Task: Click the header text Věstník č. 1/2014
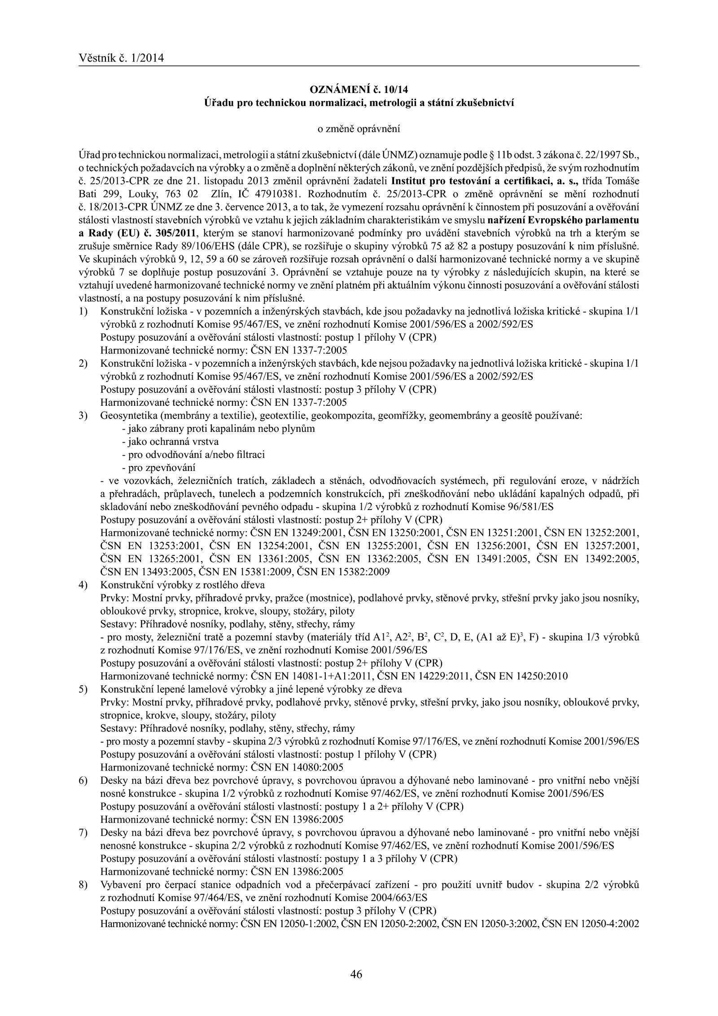coord(121,58)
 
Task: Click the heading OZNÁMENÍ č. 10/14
coord(359,89)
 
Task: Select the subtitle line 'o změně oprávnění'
coord(359,129)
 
